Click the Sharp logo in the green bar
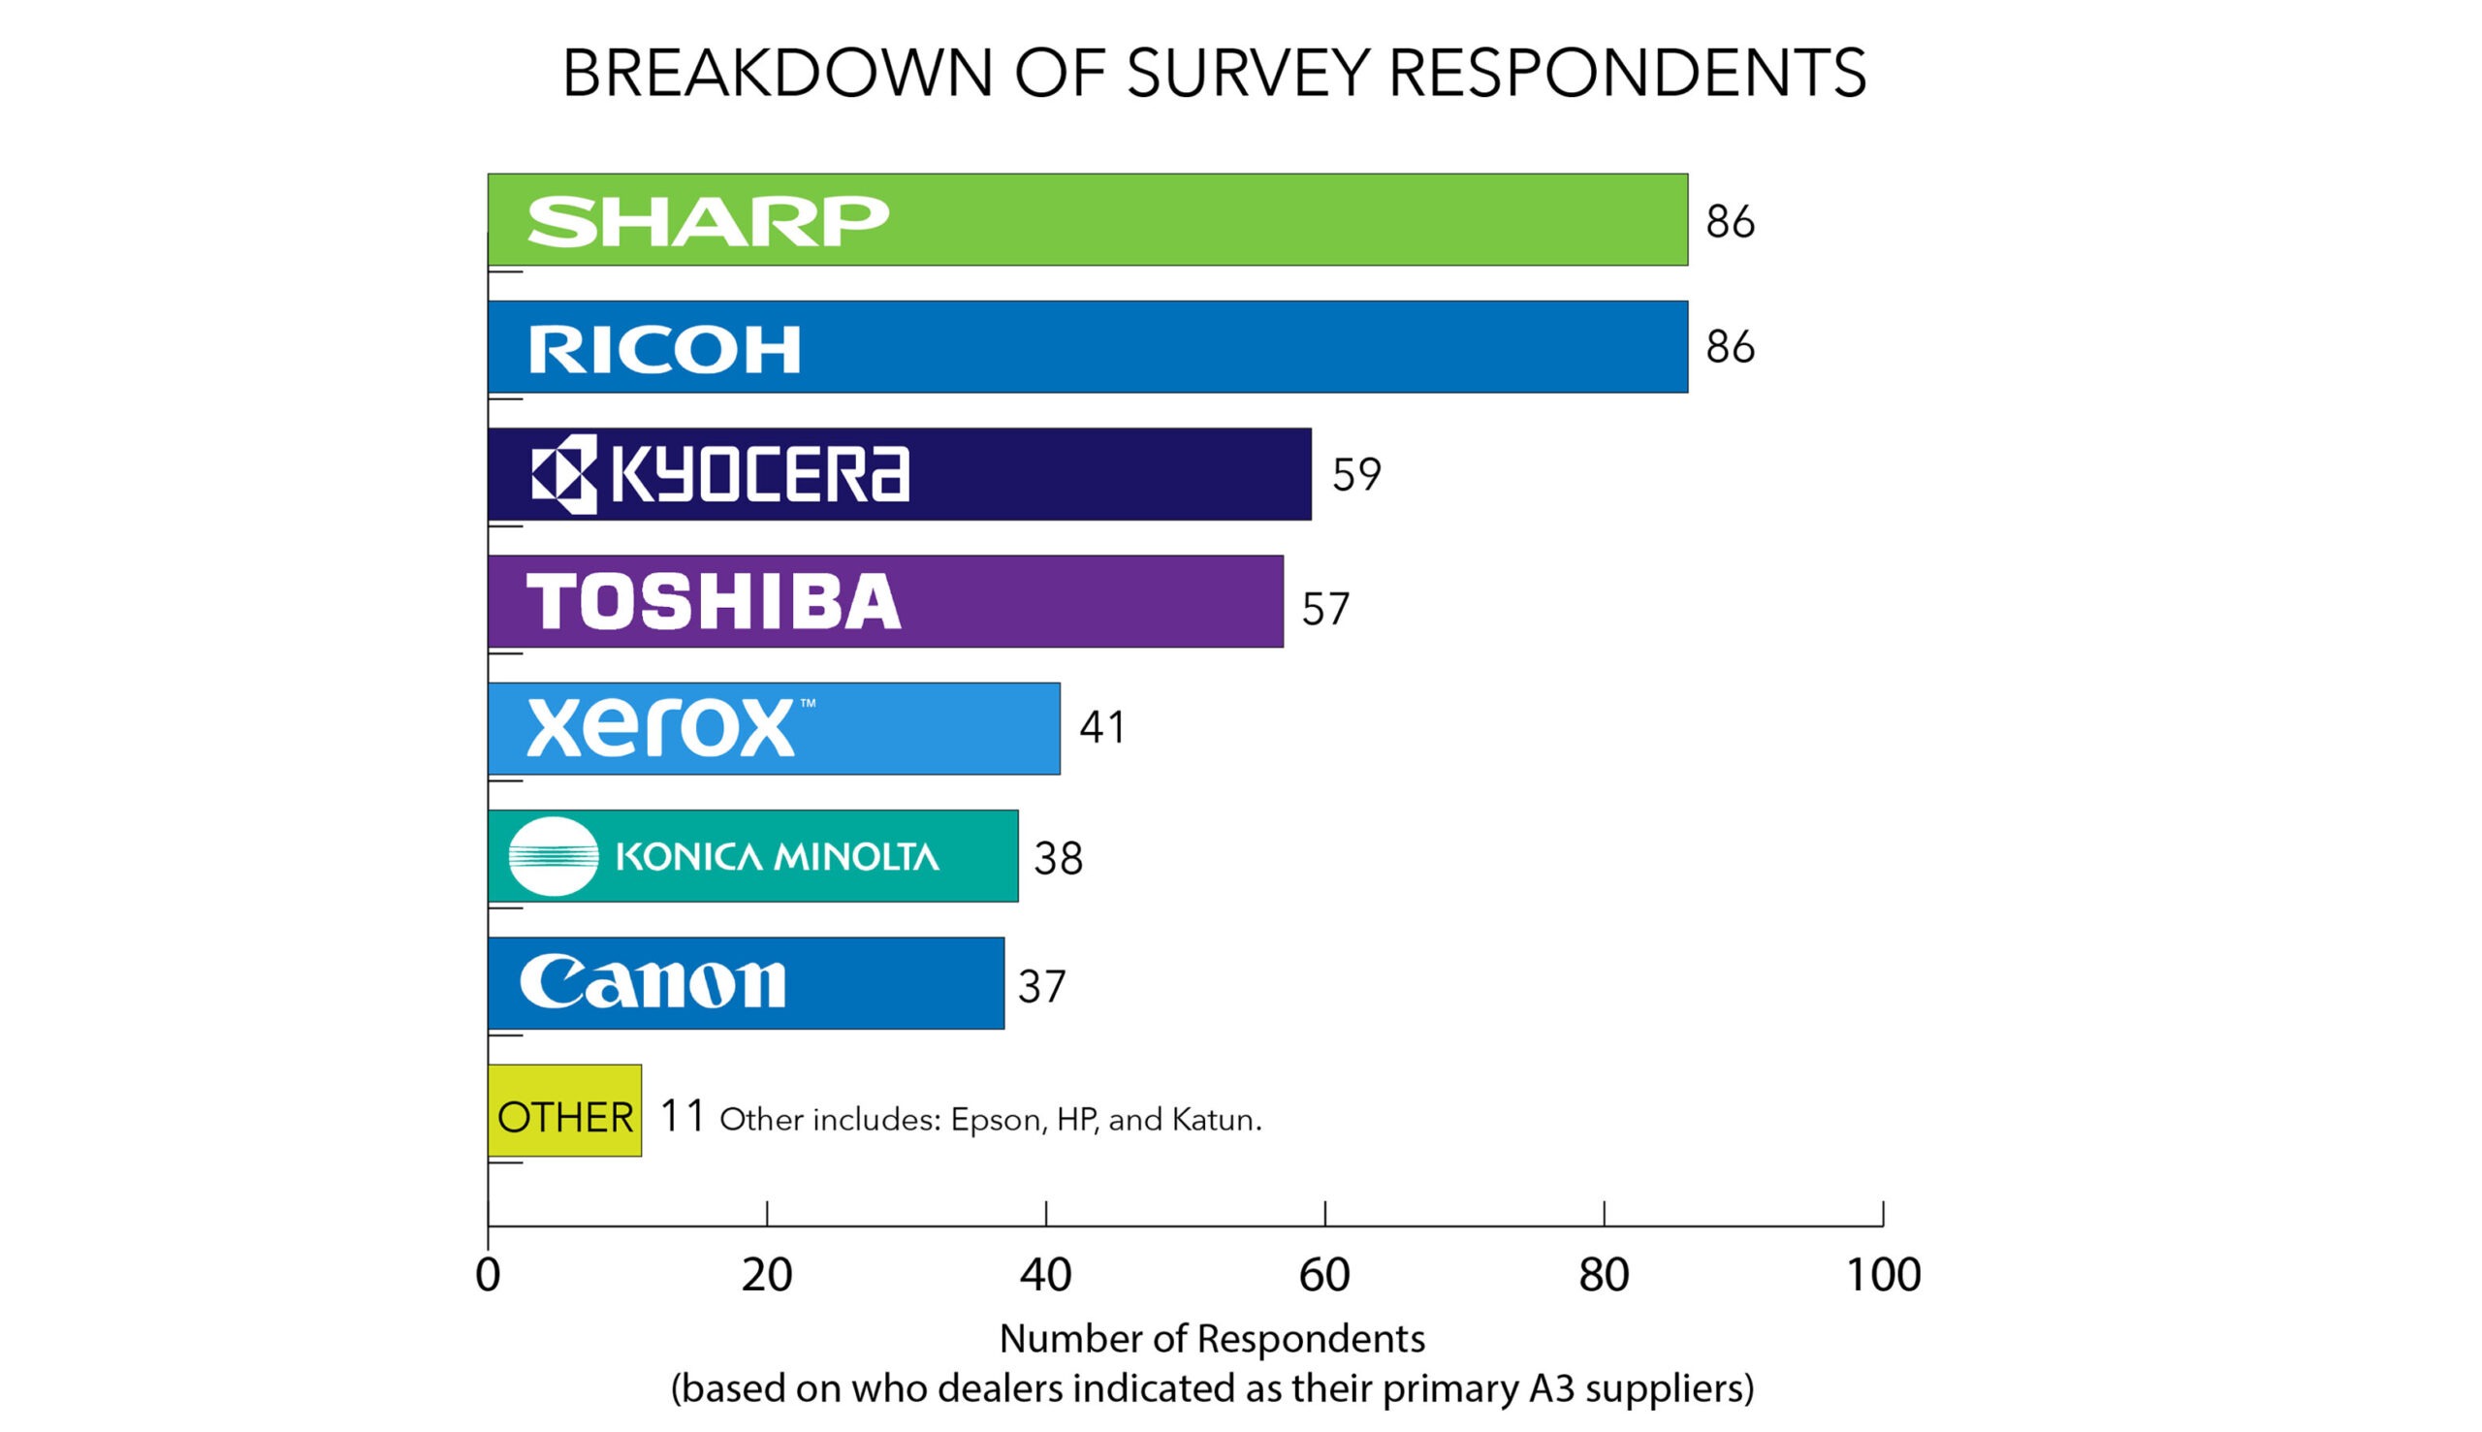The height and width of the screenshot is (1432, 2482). (707, 221)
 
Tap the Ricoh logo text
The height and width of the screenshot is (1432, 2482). (665, 350)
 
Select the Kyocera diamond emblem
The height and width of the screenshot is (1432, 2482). (564, 474)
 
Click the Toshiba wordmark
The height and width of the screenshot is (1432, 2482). (713, 601)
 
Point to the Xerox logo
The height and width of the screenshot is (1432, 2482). (661, 728)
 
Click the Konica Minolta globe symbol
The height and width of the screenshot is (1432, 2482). (553, 856)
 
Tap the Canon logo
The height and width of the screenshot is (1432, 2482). (652, 982)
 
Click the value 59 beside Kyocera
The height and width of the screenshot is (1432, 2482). (1356, 475)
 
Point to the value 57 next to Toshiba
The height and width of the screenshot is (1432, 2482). (1325, 610)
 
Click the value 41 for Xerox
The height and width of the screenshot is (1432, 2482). (1102, 728)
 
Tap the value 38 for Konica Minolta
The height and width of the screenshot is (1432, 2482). (1058, 860)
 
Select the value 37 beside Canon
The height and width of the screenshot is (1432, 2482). (1041, 987)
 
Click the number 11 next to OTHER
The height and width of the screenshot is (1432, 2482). (682, 1116)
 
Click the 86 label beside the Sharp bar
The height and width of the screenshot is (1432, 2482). (1730, 222)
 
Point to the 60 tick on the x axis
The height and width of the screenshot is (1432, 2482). (1323, 1276)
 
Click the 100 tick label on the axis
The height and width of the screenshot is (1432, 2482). (1882, 1276)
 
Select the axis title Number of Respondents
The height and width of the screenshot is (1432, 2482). (1212, 1339)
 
